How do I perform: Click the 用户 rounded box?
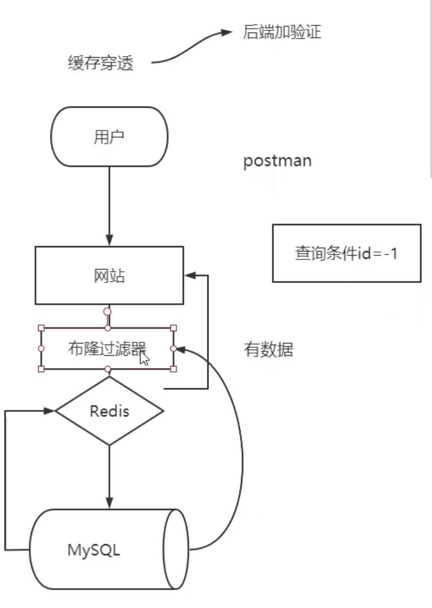click(109, 137)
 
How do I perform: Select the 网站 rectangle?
click(109, 276)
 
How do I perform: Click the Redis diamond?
click(109, 411)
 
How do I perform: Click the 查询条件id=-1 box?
click(346, 253)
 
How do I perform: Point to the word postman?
click(277, 161)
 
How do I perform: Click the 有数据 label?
click(268, 350)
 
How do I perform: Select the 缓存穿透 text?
click(101, 63)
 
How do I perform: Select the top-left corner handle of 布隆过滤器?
click(41, 328)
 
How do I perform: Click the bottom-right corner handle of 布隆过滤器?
click(173, 369)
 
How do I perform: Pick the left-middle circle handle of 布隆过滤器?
click(41, 349)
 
